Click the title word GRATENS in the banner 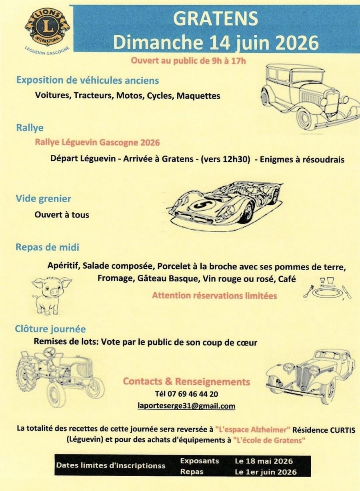(x=215, y=19)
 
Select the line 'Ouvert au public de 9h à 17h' (x=188, y=60)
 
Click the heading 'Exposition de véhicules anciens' (x=88, y=80)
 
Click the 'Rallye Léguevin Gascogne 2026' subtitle (x=97, y=143)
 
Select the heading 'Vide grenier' (x=44, y=199)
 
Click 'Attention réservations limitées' (x=214, y=296)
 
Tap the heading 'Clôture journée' (x=50, y=329)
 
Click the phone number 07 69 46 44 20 (x=193, y=394)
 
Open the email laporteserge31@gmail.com (x=186, y=406)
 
